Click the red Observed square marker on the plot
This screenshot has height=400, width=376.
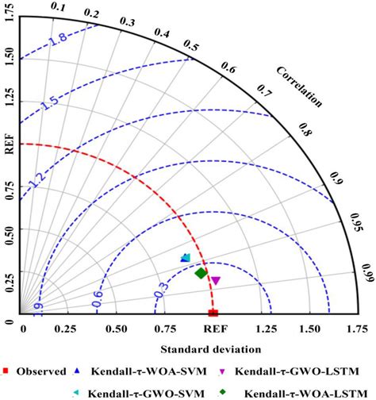[x=212, y=313]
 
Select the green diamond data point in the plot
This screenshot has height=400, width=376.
[x=201, y=273]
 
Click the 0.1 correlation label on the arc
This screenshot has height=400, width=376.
[x=58, y=7]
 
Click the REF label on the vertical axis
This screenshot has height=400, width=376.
[x=11, y=144]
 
